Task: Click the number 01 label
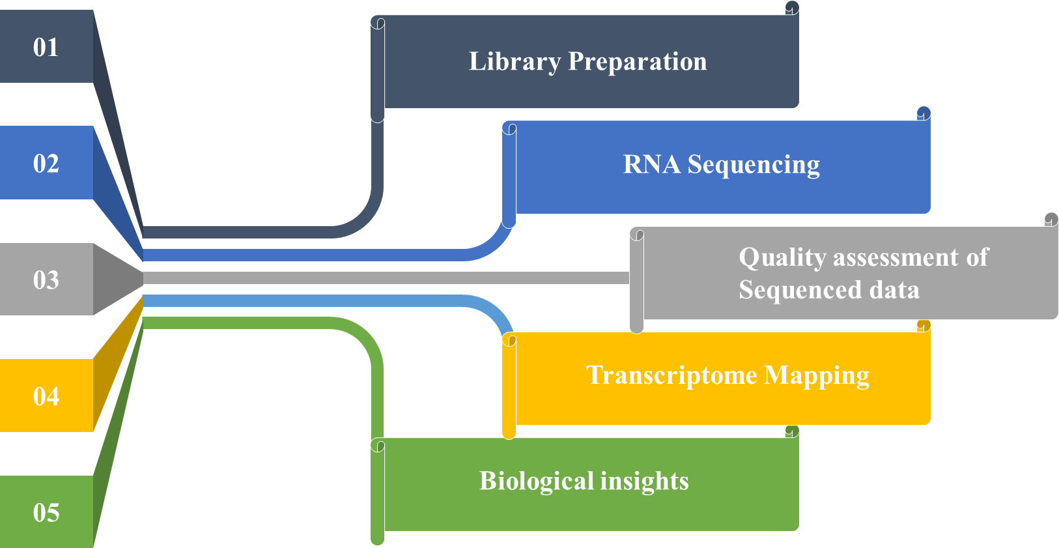pos(46,47)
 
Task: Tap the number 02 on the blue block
pos(46,163)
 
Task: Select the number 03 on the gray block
pos(46,280)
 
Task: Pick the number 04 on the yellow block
pos(46,396)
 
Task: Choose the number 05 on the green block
pos(46,513)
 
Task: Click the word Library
pos(515,62)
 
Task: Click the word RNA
pos(651,165)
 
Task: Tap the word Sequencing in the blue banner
pos(754,165)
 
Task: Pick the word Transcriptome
pos(671,375)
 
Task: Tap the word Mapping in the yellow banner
pos(816,376)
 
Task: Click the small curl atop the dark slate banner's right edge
pos(792,8)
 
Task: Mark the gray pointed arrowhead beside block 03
pos(118,279)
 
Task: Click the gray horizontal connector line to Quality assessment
pos(391,278)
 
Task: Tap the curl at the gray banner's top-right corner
pos(1051,219)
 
